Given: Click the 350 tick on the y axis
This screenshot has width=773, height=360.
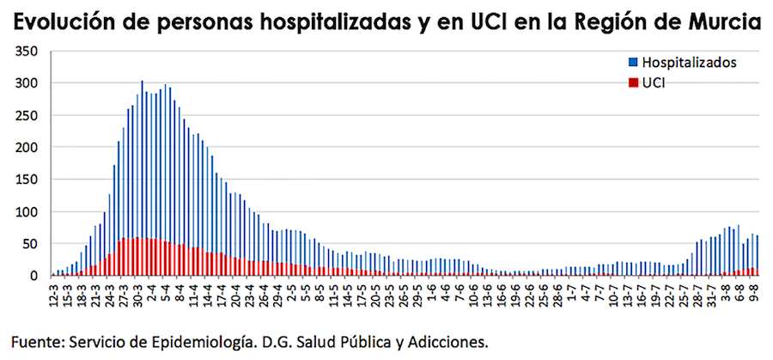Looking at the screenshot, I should coord(26,52).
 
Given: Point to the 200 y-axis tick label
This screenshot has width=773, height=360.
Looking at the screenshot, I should coord(26,147).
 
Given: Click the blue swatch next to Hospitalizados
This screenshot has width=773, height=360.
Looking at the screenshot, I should coord(634,62).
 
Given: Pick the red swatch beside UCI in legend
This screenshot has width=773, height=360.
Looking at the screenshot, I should coord(634,82).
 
